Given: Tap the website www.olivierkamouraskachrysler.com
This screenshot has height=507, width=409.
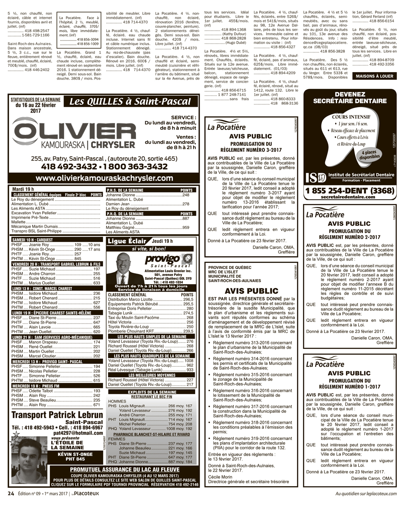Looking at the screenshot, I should click(x=104, y=178).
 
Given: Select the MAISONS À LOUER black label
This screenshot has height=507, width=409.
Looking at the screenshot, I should click(x=374, y=76).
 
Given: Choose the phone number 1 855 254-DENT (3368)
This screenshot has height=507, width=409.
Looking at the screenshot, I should click(x=350, y=190).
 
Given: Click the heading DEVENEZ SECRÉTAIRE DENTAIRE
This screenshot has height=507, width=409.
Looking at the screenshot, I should click(x=350, y=98).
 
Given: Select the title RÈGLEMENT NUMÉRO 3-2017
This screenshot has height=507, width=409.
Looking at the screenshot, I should click(x=251, y=149).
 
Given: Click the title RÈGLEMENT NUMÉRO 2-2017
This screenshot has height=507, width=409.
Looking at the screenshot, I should click(x=349, y=237).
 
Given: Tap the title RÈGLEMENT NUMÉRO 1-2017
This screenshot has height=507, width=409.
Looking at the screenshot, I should click(x=349, y=386).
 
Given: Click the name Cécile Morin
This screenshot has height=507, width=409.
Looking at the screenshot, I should click(x=220, y=477).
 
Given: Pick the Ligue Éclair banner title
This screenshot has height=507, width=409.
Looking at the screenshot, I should click(x=127, y=241).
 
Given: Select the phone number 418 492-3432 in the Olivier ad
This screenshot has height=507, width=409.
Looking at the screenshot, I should click(x=67, y=167).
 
